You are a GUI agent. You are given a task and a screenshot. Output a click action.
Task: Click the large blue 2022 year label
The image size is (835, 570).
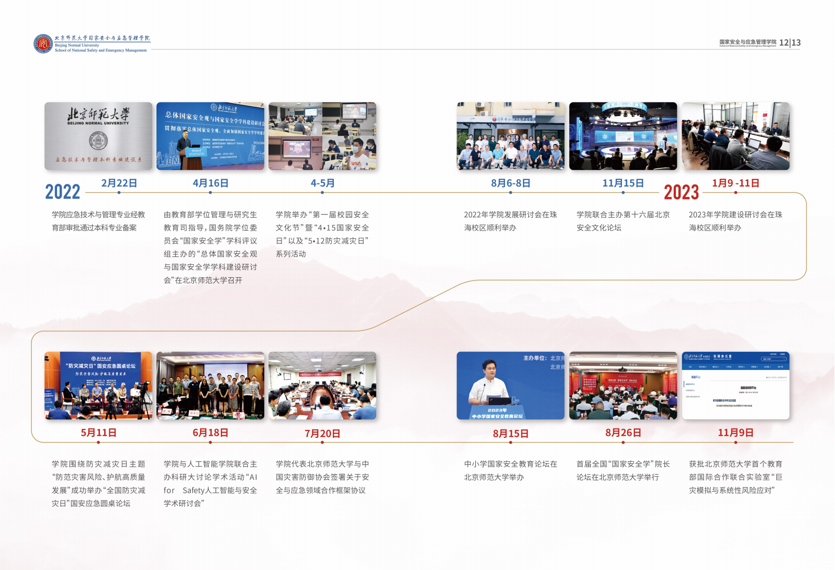pyautogui.click(x=63, y=192)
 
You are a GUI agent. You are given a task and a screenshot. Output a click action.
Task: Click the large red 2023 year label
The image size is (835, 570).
pyautogui.click(x=681, y=192)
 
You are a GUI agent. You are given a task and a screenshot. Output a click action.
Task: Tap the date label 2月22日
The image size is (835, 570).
pyautogui.click(x=119, y=183)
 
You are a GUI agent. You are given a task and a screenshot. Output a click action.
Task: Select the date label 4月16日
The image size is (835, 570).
pyautogui.click(x=210, y=183)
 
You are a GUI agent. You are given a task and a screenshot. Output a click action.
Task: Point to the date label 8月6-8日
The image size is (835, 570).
pyautogui.click(x=511, y=183)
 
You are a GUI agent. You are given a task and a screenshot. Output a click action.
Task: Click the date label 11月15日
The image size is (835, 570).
pyautogui.click(x=623, y=183)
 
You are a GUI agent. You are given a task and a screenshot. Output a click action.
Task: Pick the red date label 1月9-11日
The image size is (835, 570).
pyautogui.click(x=735, y=183)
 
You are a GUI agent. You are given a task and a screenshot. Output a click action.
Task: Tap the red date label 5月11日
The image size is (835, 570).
pyautogui.click(x=98, y=433)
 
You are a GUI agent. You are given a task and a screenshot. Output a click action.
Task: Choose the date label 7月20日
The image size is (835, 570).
pyautogui.click(x=322, y=433)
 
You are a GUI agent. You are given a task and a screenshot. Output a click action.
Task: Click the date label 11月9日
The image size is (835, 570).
pyautogui.click(x=735, y=433)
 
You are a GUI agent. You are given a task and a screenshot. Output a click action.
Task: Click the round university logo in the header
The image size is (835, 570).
pyautogui.click(x=43, y=44)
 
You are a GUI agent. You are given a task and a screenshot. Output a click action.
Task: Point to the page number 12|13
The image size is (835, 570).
pyautogui.click(x=790, y=42)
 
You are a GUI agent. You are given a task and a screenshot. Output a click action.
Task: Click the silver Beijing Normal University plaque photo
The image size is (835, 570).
pyautogui.click(x=98, y=136)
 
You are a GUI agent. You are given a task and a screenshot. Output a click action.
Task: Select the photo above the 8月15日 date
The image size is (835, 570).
pyautogui.click(x=511, y=386)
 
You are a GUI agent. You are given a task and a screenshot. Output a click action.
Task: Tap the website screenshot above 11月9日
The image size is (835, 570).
pyautogui.click(x=735, y=386)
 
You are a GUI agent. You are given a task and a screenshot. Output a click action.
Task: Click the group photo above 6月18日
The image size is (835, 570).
pyautogui.click(x=210, y=386)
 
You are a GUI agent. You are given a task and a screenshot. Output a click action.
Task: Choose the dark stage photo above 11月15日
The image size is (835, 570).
pyautogui.click(x=623, y=136)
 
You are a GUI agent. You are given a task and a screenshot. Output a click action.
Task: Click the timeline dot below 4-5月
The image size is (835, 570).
pyautogui.click(x=322, y=193)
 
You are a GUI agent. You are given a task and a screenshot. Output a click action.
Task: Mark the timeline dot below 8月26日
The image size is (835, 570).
pyautogui.click(x=623, y=443)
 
